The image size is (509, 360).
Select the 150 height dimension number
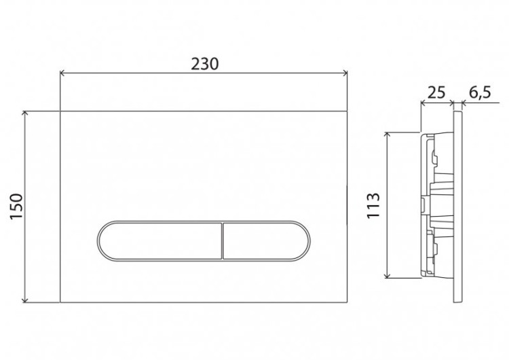click(17, 206)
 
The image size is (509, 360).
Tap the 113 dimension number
click(373, 205)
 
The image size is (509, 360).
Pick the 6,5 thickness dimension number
click(479, 92)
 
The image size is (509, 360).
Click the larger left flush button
click(160, 240)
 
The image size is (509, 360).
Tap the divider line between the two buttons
click(223, 240)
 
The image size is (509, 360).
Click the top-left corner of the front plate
click(60, 111)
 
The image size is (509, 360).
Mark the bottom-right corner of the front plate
click(347, 302)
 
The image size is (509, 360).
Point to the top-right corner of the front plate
click(347, 111)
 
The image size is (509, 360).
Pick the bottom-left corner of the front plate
click(60, 302)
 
